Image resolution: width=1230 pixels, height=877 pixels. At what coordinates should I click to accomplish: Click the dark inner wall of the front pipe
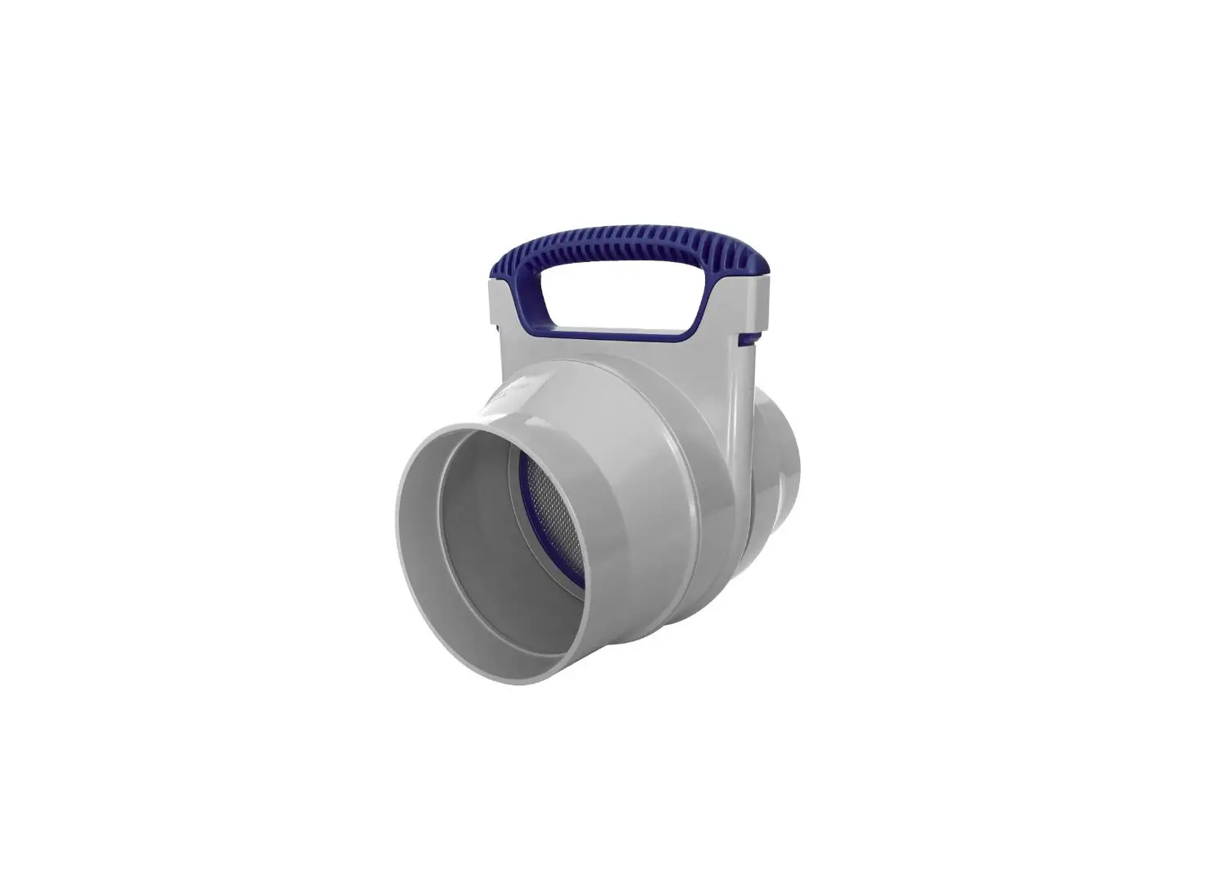click(x=483, y=532)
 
